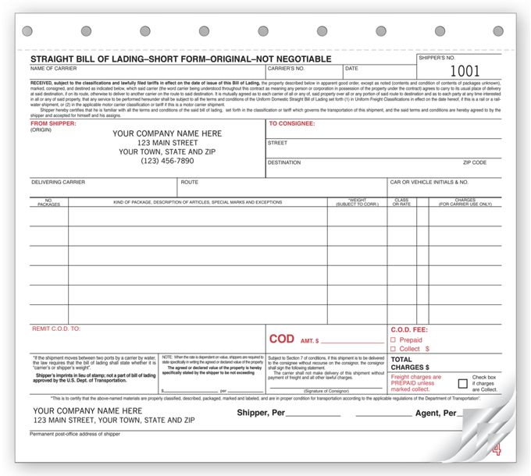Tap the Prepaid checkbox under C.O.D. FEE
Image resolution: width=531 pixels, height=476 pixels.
(393, 340)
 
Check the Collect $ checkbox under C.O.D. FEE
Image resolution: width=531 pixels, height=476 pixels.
(393, 349)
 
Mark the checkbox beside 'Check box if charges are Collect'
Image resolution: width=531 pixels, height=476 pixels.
(463, 383)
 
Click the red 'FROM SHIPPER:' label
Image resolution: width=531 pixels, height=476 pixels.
(53, 123)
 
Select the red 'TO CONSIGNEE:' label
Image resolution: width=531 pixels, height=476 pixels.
(292, 123)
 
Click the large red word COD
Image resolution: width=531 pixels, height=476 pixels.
(281, 339)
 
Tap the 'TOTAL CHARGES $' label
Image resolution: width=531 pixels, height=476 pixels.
(410, 363)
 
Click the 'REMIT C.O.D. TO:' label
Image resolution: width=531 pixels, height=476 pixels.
(56, 329)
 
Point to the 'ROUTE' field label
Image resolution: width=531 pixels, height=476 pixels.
(189, 183)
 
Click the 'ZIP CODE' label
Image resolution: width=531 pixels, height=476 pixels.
(475, 163)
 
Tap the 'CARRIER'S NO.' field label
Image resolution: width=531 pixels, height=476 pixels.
(287, 69)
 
